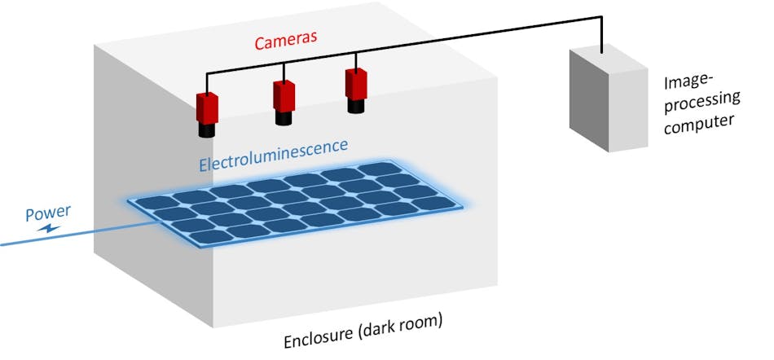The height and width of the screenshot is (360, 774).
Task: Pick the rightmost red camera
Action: click(356, 83)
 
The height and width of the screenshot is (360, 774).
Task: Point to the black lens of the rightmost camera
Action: click(356, 105)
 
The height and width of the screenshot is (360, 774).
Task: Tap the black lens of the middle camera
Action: click(284, 118)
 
